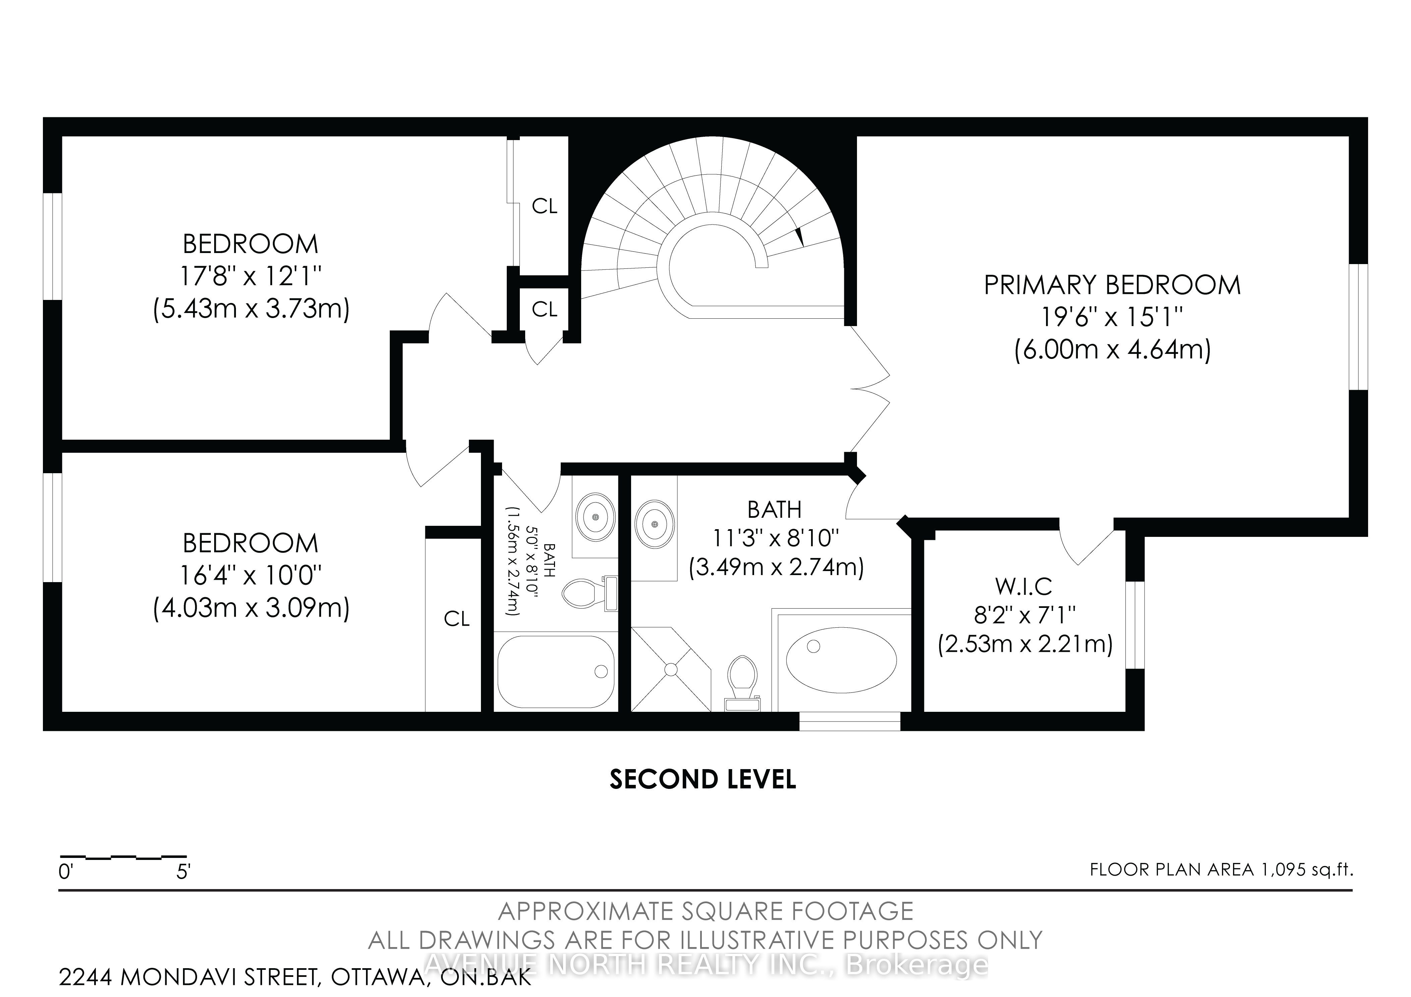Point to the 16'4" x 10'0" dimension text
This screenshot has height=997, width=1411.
251,575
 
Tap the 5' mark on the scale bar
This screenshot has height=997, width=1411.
183,872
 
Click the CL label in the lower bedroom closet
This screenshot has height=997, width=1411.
456,618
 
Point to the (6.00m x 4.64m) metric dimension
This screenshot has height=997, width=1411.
1112,350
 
